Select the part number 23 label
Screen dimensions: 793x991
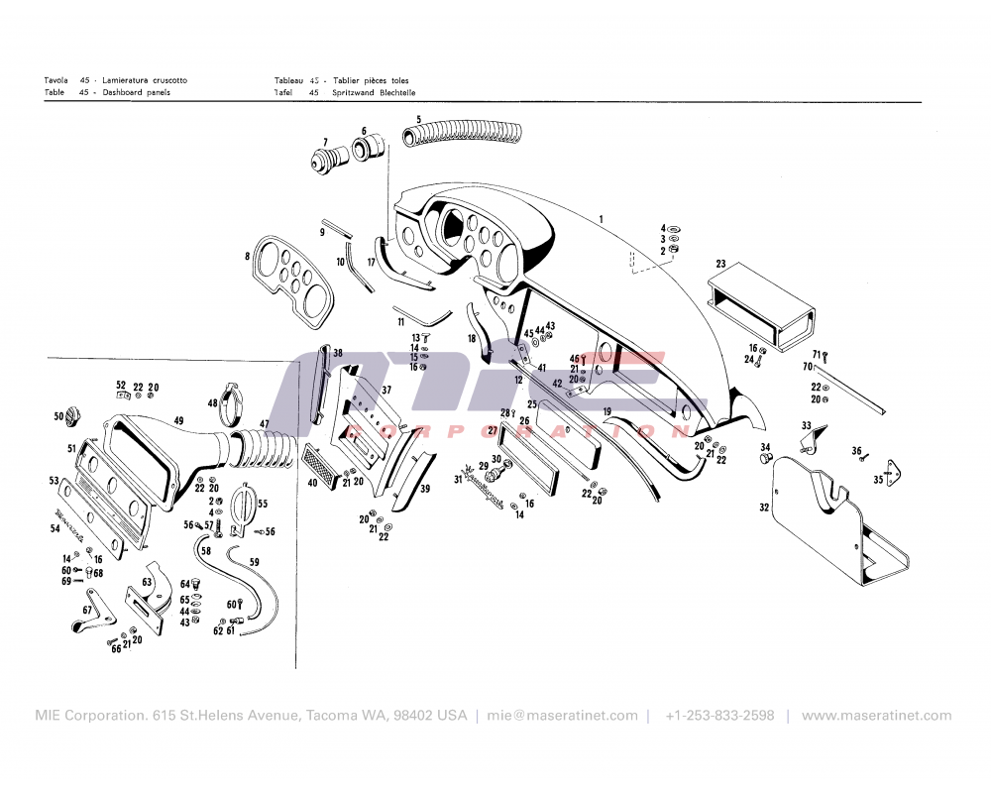tap(721, 264)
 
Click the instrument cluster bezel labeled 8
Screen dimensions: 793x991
tap(291, 280)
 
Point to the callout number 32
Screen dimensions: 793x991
tap(764, 508)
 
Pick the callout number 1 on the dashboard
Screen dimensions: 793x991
tap(601, 217)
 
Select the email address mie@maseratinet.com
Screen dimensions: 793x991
tap(563, 716)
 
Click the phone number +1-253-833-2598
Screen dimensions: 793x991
tap(719, 716)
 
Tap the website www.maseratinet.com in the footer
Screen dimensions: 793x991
tap(876, 716)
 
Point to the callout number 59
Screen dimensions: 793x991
tap(255, 562)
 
